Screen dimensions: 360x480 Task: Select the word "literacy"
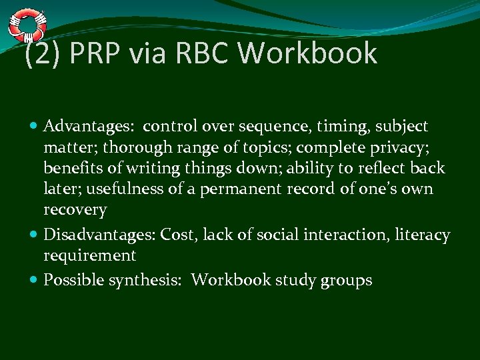click(x=422, y=235)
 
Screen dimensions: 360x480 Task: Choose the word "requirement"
click(x=89, y=256)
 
